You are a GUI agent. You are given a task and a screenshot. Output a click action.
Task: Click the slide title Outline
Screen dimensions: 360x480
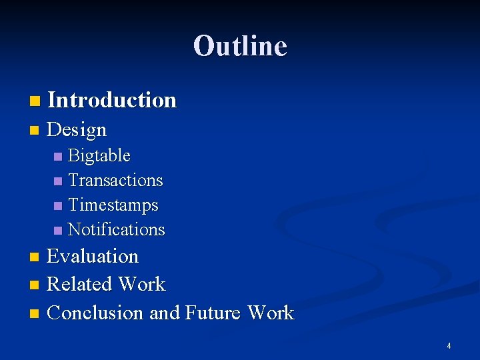(240, 46)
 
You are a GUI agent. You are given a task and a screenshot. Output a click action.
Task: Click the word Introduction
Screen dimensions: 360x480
(112, 101)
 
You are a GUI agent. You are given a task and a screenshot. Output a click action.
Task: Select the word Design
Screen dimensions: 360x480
(77, 129)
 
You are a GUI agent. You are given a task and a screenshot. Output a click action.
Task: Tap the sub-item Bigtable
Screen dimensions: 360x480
(99, 156)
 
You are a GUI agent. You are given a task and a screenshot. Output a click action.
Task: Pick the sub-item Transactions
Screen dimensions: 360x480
(115, 181)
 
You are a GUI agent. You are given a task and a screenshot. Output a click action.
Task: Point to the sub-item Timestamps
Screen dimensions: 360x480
(113, 205)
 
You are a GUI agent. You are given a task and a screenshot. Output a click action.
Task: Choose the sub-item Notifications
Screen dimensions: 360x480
(116, 229)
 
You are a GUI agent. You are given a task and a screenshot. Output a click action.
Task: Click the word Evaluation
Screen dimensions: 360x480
(93, 257)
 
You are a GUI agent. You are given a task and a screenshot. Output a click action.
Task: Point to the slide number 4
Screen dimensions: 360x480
(449, 346)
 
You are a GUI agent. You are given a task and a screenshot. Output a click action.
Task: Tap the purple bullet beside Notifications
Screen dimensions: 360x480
(58, 231)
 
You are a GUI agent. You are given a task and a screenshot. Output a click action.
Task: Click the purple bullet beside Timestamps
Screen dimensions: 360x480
(58, 206)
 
